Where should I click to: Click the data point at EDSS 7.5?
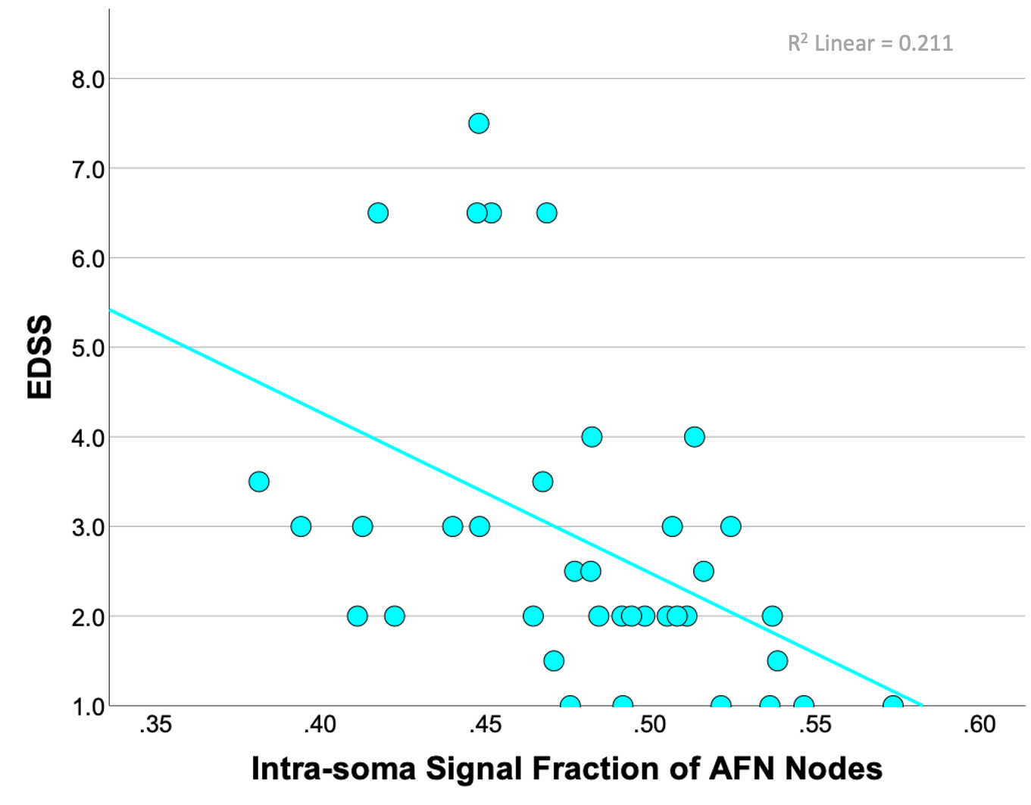pos(479,123)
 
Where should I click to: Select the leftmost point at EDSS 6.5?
pos(378,214)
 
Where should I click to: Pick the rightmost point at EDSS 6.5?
pos(547,214)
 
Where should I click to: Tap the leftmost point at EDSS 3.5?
pos(258,482)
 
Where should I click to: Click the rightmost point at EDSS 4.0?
pos(695,437)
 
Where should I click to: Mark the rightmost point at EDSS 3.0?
pos(731,526)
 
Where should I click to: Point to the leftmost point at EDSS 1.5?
pos(554,661)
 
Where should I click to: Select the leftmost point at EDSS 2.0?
pos(358,616)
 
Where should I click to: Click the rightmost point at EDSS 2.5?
pos(704,571)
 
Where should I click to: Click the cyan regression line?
pos(516,507)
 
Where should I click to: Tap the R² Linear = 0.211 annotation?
pos(870,44)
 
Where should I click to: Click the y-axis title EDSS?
pos(39,357)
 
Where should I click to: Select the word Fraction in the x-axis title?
pos(595,768)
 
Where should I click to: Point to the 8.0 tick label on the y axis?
pos(88,80)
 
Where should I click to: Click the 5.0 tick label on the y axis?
pos(88,348)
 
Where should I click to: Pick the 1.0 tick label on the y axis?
pos(88,707)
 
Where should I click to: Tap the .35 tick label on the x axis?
pos(155,725)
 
